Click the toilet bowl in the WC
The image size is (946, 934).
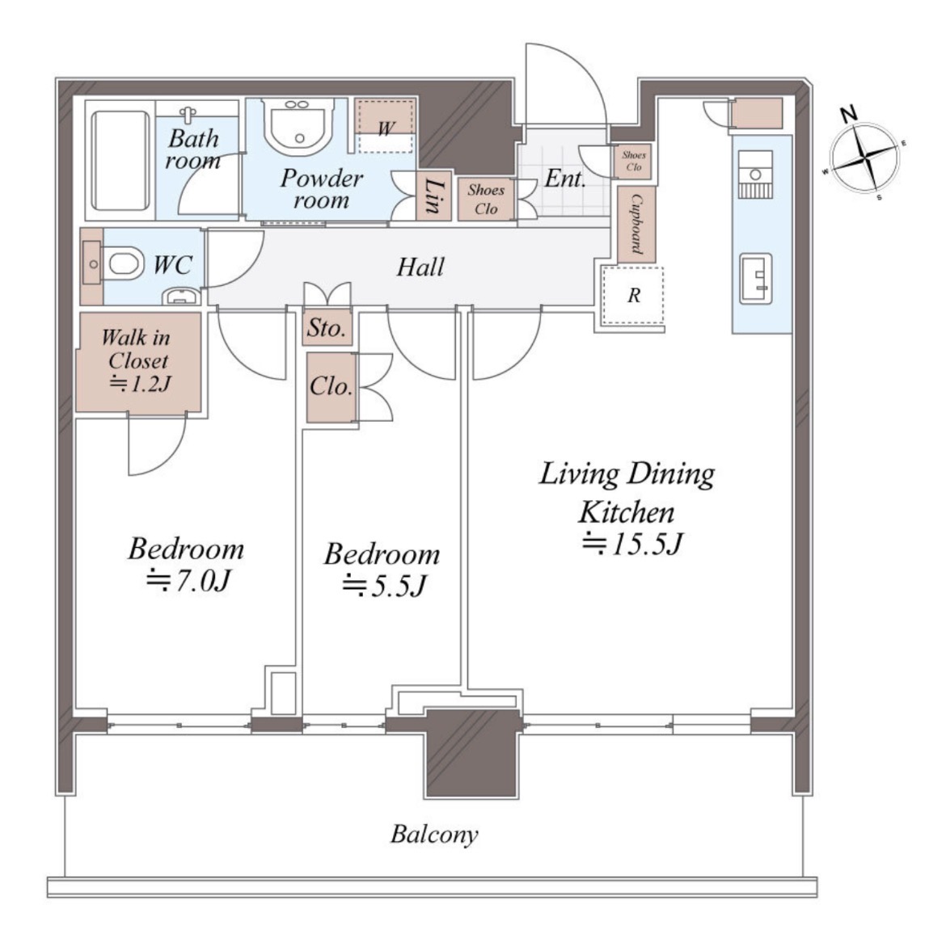(125, 264)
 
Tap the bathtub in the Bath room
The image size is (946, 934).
(120, 161)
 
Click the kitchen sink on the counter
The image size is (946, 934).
(756, 279)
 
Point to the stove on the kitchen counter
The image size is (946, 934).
(755, 174)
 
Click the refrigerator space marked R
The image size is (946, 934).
(633, 296)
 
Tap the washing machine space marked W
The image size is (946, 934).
(386, 125)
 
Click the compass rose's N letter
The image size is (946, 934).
(850, 113)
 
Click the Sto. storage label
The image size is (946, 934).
(327, 328)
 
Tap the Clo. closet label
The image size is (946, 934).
(331, 386)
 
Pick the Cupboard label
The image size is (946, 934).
(636, 225)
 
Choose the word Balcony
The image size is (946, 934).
(434, 835)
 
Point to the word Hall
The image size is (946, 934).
(420, 267)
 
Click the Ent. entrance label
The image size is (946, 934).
(565, 179)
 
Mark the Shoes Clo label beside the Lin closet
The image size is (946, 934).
(486, 199)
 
